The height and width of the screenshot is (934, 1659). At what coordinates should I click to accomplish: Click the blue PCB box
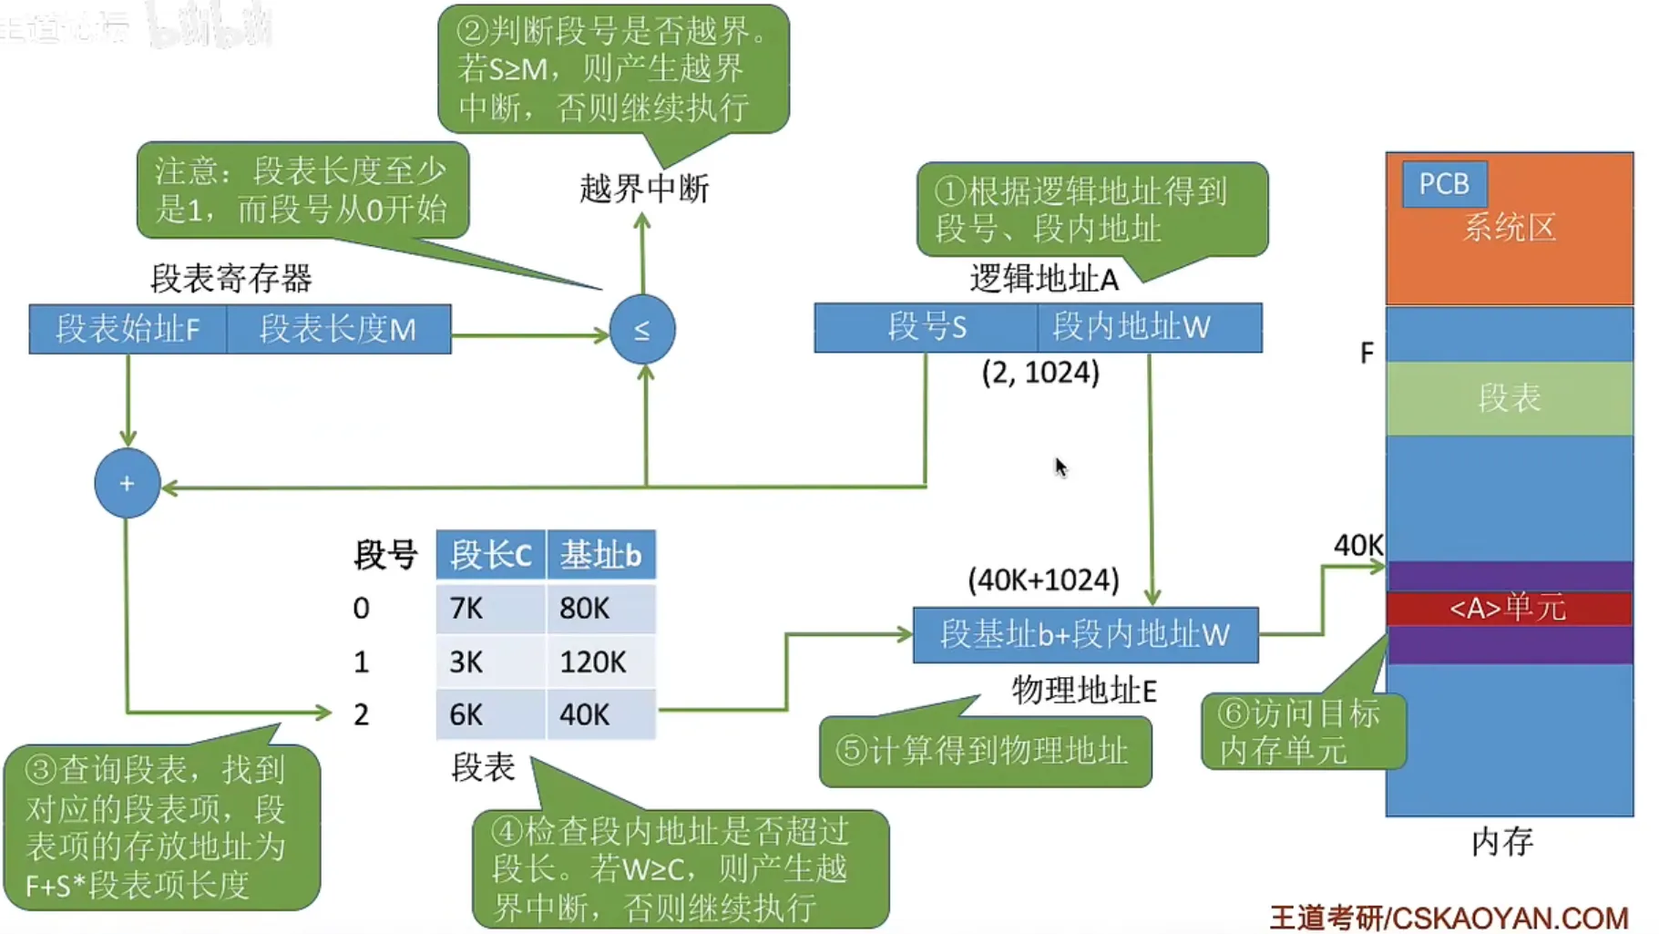(1444, 183)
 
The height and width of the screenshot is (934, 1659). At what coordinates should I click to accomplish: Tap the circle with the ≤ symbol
(642, 329)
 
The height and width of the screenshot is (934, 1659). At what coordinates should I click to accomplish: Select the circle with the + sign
(127, 483)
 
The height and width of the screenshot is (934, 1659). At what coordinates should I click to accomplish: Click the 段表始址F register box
(128, 329)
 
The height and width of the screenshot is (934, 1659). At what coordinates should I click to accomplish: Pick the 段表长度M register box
(338, 329)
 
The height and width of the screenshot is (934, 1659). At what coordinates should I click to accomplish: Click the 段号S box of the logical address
(926, 326)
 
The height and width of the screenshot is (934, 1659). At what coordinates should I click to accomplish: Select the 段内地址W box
(1149, 326)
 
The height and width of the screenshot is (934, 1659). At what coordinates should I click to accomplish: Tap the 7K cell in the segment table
(490, 608)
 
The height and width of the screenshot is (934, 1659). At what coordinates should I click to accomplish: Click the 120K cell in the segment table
(600, 662)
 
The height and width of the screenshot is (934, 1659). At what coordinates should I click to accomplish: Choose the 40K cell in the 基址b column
(600, 714)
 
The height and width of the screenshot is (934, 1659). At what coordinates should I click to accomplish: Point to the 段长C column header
(490, 554)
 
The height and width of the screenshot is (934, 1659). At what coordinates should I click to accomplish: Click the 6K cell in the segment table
(490, 714)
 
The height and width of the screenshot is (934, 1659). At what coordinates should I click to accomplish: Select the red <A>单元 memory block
(1509, 608)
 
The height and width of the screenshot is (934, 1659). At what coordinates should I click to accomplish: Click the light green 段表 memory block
(1509, 398)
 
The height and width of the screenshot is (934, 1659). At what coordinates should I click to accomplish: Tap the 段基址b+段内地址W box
(1085, 634)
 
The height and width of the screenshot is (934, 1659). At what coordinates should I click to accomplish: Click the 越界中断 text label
(644, 189)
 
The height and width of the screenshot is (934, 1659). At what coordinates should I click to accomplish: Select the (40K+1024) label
(1043, 580)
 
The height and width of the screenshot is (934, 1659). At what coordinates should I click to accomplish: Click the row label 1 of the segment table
(362, 662)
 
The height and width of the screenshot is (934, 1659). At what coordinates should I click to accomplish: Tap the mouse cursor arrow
(1060, 467)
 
